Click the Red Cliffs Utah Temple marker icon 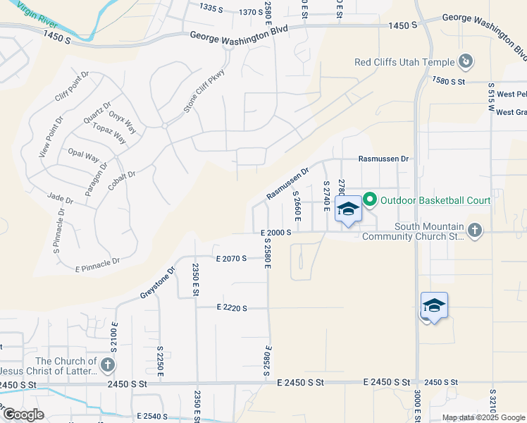(x=465, y=62)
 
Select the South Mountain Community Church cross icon (x=475, y=230)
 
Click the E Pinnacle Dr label (x=97, y=264)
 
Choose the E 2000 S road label (x=275, y=232)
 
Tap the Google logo (x=23, y=415)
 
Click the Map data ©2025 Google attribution (x=483, y=417)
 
